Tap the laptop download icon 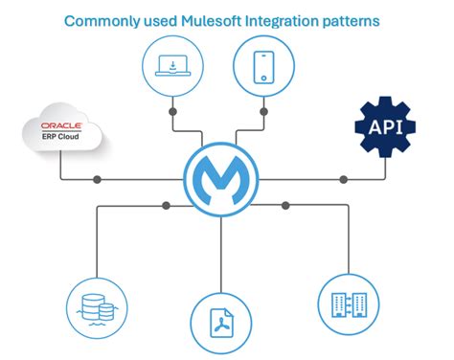tap(173, 64)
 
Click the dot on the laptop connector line tap(173, 112)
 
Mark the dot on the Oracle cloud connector tap(97, 179)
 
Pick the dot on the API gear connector tap(343, 179)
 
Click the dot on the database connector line tap(167, 205)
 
